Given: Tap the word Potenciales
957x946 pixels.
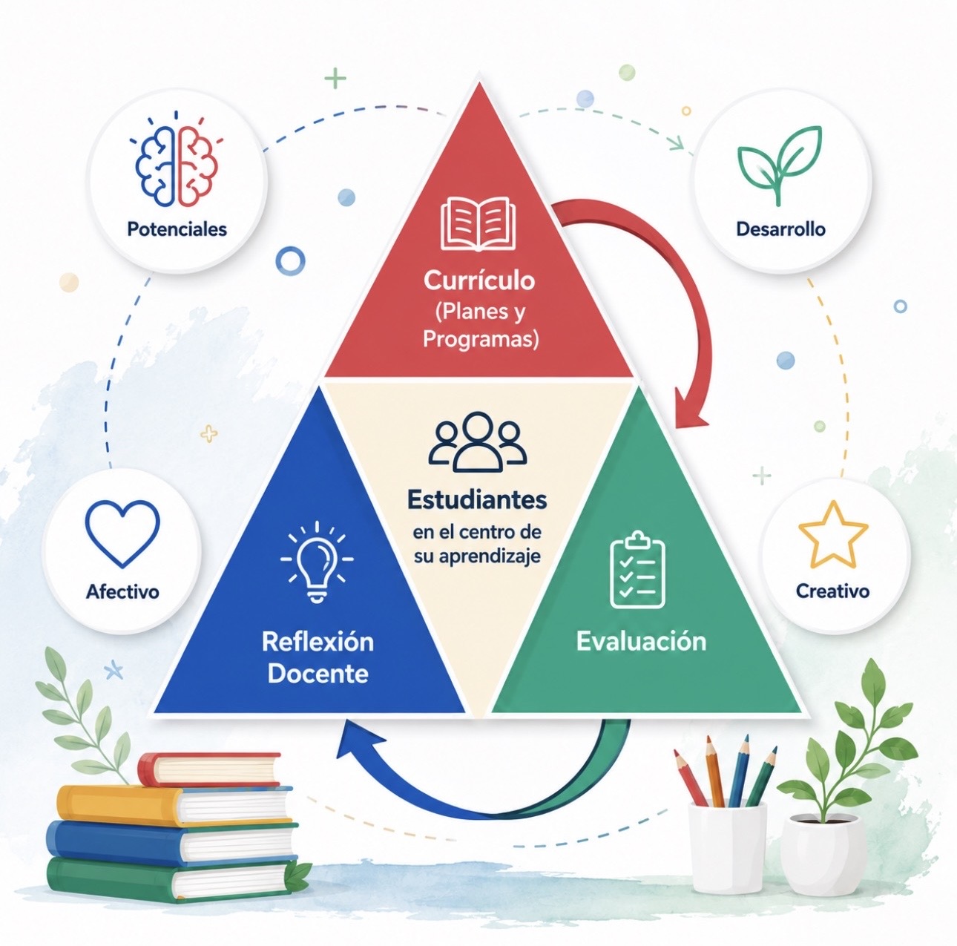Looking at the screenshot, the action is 177,229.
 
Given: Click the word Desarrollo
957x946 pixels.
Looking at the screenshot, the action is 780,229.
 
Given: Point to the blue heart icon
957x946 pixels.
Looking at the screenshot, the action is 122,534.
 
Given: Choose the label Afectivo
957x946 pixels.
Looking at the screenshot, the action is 122,592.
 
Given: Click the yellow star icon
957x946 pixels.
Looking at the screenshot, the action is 833,535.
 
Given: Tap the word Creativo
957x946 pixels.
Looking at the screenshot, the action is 833,591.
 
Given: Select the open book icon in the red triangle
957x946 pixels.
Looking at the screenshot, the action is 478,224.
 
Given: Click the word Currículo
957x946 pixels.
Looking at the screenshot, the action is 479,280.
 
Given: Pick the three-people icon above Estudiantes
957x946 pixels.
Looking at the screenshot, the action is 478,441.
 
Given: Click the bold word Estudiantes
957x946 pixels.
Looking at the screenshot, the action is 477,500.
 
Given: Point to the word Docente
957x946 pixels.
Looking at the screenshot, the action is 318,674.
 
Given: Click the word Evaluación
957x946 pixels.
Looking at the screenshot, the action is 641,642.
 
